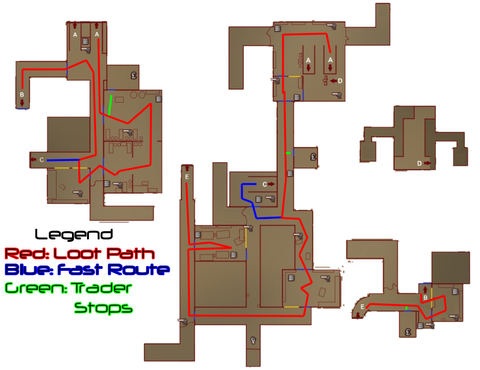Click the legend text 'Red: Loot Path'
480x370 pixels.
tap(79, 253)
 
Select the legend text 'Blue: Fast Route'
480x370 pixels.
tap(87, 270)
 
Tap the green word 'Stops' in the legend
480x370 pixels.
tap(103, 307)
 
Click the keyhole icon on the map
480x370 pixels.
tap(253, 340)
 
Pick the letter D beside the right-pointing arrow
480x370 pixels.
tap(419, 163)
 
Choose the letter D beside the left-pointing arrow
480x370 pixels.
tap(340, 81)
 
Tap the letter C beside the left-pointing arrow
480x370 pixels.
tap(42, 160)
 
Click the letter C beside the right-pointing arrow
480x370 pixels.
tap(264, 184)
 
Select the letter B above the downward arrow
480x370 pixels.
tap(22, 95)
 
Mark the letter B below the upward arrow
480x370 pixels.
tap(425, 298)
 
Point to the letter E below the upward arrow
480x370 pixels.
tap(187, 177)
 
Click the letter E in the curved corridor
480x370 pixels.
tap(362, 306)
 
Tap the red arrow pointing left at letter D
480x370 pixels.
tap(333, 81)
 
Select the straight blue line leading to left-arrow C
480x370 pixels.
tap(63, 160)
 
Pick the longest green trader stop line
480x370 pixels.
tap(110, 105)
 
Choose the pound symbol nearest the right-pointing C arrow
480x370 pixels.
tap(313, 157)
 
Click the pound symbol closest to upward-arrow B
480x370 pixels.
tap(408, 332)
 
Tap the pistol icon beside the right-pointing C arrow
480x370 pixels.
tap(270, 198)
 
